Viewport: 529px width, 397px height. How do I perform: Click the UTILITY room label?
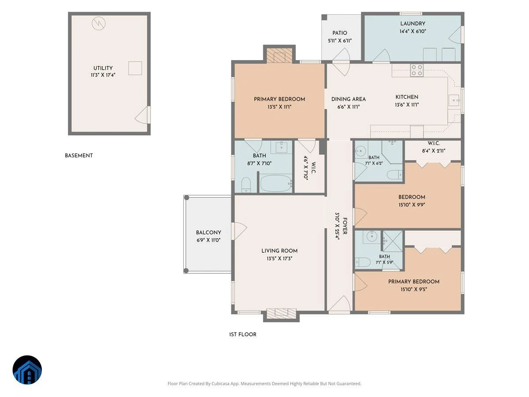coord(103,68)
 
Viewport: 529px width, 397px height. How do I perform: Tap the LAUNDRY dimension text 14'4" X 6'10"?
coord(413,31)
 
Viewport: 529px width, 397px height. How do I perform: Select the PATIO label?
coord(339,33)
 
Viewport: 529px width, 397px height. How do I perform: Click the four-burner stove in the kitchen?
coord(417,70)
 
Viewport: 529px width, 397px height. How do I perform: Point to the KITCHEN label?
coord(407,97)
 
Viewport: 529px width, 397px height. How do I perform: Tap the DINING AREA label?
coord(349,99)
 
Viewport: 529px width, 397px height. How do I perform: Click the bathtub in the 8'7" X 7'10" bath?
coord(276,184)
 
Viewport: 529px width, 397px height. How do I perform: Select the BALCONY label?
coord(209,232)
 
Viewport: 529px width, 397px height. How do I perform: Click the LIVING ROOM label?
coord(279,251)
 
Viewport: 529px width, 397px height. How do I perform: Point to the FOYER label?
coord(345,226)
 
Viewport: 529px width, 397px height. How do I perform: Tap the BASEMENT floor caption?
coord(79,155)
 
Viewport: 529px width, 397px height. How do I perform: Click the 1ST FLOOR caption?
coord(243,334)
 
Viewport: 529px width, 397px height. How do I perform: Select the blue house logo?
coord(27,370)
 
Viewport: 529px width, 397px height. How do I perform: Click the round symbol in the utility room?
coord(99,23)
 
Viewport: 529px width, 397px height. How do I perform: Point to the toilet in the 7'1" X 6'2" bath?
coord(395,175)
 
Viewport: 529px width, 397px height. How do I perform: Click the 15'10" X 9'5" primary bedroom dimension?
coord(414,289)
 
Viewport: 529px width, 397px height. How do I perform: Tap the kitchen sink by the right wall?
coord(454,100)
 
